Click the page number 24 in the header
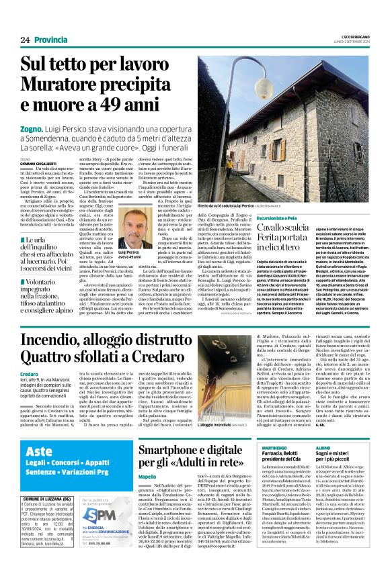pos(25,40)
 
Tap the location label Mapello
pos(147,495)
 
